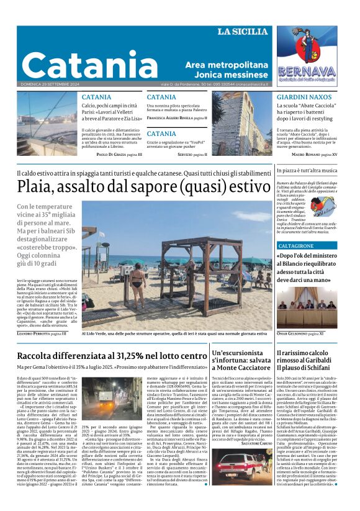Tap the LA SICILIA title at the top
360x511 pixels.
pos(244,32)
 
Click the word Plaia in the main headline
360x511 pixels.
pos(40,186)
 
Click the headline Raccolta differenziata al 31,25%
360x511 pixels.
pos(112,356)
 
